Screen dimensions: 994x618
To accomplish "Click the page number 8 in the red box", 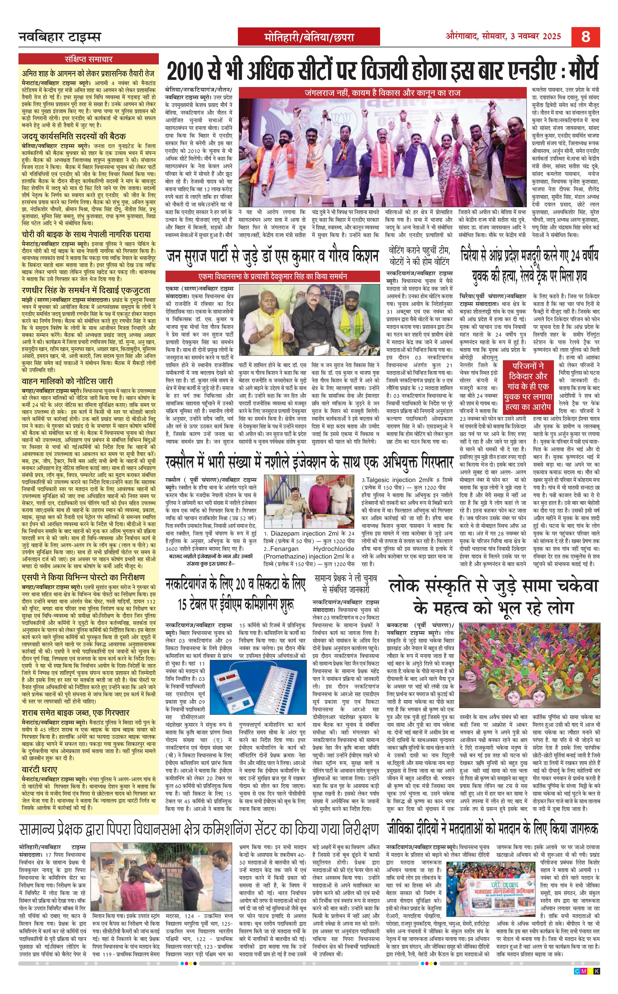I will tap(585, 37).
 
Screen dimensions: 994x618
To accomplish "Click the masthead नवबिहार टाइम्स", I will tap(60, 37).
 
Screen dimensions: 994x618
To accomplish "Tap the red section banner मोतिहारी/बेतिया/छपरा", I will tap(309, 38).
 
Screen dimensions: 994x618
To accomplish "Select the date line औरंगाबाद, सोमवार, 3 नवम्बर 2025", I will tap(503, 36).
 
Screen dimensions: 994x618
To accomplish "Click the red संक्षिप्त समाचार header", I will tap(88, 59).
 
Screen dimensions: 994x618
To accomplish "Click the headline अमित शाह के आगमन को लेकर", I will tap(88, 74).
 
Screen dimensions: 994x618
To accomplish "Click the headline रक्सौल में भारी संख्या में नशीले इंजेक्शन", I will tap(309, 462).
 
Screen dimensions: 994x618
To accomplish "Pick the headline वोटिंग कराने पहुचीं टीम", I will tap(419, 256).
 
